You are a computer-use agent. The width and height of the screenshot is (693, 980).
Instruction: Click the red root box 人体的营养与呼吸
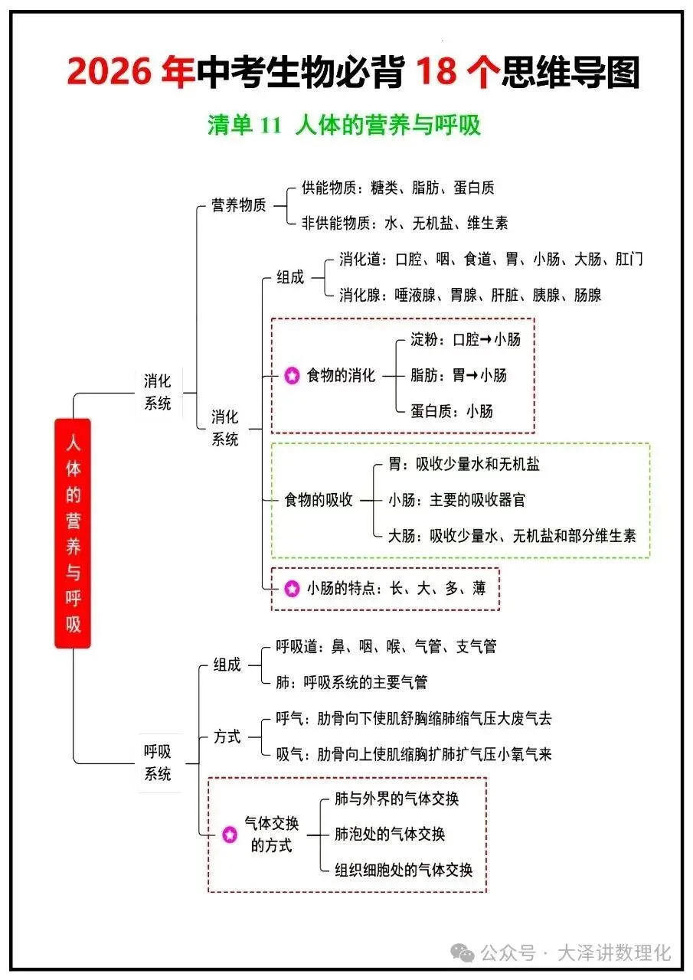[73, 533]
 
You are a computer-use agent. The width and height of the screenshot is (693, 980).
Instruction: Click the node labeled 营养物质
[239, 205]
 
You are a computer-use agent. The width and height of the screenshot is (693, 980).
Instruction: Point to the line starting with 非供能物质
[404, 223]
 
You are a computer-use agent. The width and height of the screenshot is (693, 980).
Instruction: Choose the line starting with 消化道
[491, 259]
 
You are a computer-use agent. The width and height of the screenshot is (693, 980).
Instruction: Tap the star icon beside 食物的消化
[292, 376]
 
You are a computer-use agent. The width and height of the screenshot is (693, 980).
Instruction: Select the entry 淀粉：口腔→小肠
[465, 339]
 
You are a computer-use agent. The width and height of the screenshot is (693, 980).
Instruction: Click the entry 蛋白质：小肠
[452, 411]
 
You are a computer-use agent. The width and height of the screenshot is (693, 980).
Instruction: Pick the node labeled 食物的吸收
[319, 500]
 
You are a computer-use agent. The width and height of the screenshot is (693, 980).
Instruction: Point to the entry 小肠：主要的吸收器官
[457, 500]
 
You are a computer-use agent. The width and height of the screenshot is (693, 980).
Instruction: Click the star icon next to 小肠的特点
[292, 589]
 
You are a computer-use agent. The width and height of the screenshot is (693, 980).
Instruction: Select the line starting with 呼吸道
[386, 647]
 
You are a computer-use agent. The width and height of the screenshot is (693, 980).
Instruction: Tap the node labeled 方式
[227, 737]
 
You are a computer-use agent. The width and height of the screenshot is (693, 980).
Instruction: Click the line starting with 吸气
[414, 754]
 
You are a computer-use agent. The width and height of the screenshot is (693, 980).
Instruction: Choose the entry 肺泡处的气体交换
[390, 834]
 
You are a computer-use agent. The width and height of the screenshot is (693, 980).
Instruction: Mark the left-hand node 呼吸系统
[158, 763]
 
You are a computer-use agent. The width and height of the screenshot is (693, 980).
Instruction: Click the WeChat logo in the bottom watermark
[462, 953]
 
